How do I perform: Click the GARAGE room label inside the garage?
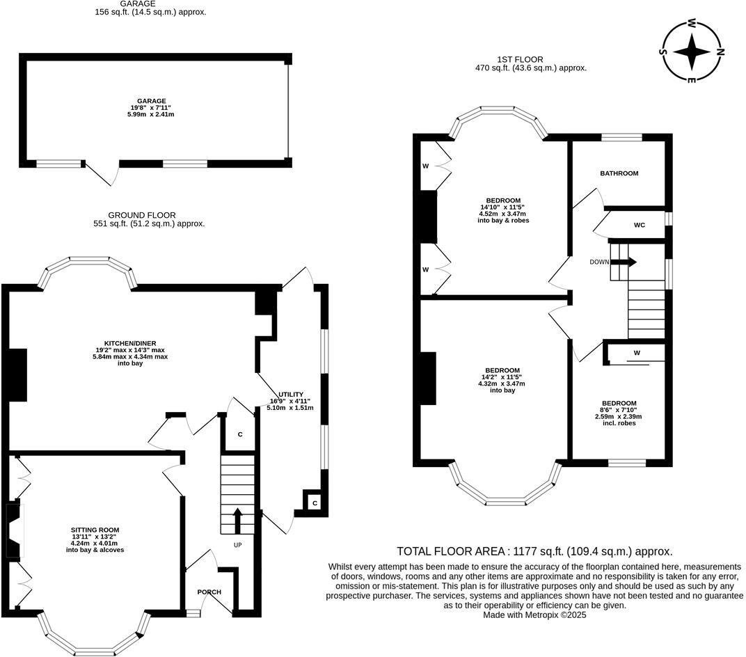151,101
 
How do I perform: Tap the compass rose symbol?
692,51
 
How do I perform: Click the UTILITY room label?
290,394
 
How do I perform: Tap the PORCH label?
209,592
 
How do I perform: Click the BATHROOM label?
619,173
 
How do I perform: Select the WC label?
639,225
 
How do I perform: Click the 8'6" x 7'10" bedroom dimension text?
619,410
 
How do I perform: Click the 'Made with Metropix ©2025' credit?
534,615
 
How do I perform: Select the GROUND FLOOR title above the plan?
142,215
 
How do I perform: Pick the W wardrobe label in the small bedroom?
636,353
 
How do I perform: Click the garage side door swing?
101,174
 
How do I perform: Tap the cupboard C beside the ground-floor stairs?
240,434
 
